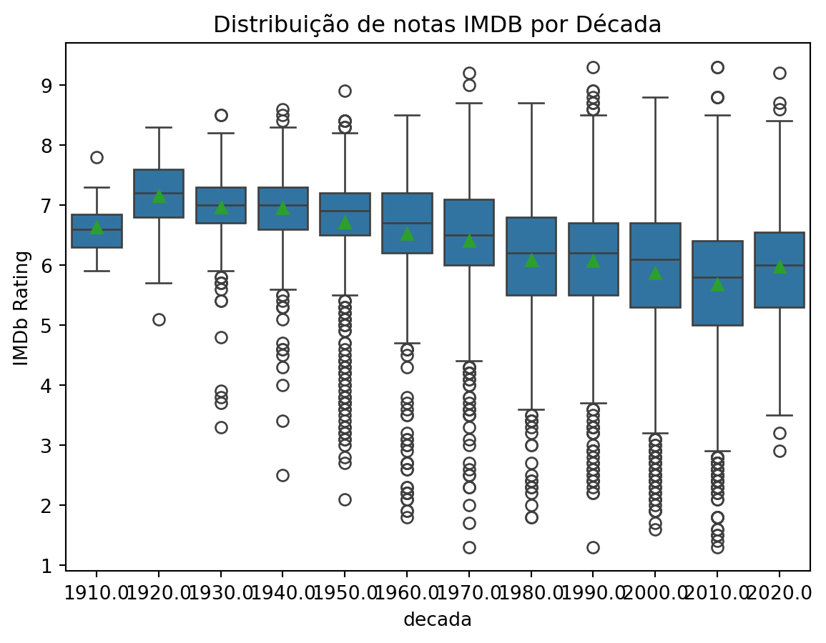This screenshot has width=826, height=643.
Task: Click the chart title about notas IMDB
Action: (x=437, y=24)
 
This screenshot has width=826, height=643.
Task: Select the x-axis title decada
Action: (x=437, y=620)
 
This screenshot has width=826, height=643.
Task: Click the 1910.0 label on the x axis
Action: (x=96, y=594)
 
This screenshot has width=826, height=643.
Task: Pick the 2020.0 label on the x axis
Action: (x=780, y=594)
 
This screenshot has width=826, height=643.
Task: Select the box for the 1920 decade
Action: (x=159, y=194)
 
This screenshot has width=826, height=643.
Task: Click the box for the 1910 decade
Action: (x=97, y=231)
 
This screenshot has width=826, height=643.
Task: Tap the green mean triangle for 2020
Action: (x=780, y=266)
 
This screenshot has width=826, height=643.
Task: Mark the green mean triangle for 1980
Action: (x=531, y=260)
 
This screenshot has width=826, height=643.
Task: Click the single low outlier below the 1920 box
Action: (x=159, y=319)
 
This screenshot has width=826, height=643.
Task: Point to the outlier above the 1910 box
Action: (x=97, y=157)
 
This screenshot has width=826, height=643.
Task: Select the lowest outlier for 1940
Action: (x=282, y=475)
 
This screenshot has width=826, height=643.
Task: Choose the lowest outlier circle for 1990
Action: (x=593, y=547)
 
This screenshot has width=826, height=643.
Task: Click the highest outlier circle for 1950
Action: (x=345, y=91)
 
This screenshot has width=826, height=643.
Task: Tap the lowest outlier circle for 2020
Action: (x=780, y=451)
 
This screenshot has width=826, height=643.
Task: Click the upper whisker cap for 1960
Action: (x=407, y=115)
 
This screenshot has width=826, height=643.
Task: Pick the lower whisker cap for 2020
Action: (x=780, y=415)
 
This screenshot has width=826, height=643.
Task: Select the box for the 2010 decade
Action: (x=717, y=283)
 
